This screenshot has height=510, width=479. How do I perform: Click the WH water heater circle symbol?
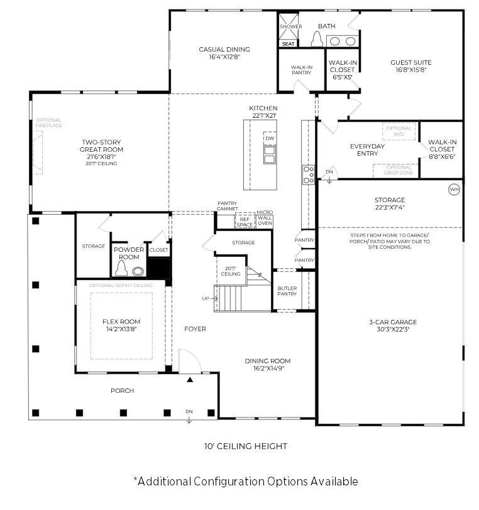tap(454, 189)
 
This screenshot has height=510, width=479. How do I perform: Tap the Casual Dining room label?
tap(224, 50)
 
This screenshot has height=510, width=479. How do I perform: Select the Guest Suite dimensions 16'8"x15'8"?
tap(410, 71)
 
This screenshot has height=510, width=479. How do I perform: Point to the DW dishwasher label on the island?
tap(270, 138)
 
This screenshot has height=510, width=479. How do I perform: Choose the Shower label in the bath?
tap(290, 26)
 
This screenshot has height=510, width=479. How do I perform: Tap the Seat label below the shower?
tap(289, 44)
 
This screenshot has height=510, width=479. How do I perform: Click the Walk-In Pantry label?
tap(302, 70)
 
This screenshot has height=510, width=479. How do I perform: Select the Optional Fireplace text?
tap(48, 123)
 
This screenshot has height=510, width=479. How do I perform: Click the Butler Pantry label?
tap(287, 291)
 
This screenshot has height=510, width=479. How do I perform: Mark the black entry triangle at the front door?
tap(190, 380)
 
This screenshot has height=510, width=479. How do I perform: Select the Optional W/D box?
tap(399, 131)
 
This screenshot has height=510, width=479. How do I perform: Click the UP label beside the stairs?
tap(206, 298)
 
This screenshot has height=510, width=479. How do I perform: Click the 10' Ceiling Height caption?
tap(245, 446)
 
